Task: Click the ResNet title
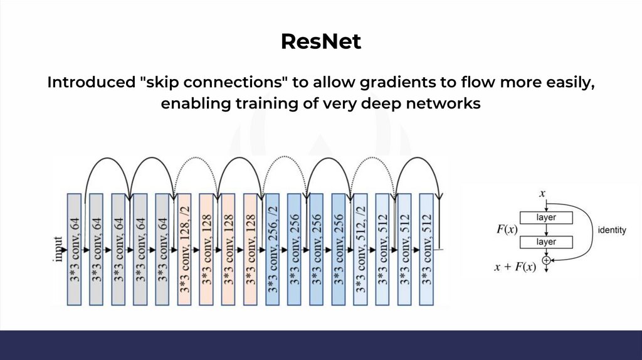[x=320, y=42]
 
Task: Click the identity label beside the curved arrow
[x=612, y=230]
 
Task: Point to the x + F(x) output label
[x=515, y=267]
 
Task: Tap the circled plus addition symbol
[x=546, y=259]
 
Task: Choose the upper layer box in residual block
[x=546, y=218]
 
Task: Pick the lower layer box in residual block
[x=546, y=241]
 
